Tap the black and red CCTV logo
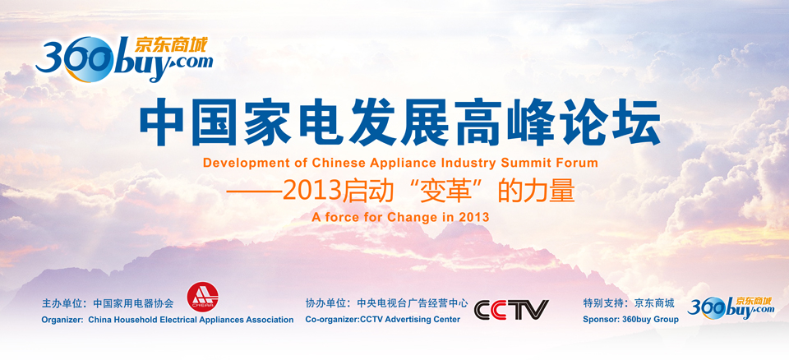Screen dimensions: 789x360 tap(511, 310)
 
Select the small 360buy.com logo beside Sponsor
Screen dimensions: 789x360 tap(731, 307)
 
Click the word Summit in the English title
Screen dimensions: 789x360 tap(524, 163)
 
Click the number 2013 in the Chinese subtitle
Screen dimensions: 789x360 tap(311, 192)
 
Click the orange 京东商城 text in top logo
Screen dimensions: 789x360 tap(171, 45)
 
